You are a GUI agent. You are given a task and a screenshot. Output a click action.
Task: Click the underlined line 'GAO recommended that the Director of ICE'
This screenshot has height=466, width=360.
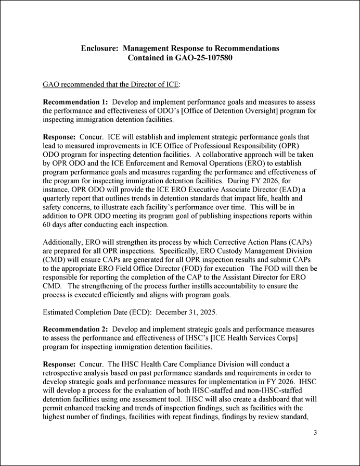tap(111, 84)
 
